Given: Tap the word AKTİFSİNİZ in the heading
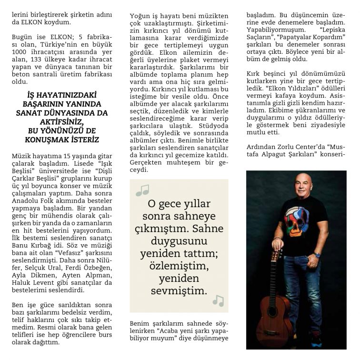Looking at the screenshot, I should (62, 122).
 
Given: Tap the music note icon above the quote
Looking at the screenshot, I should (142, 190).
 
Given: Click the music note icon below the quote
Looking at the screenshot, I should (218, 300).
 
